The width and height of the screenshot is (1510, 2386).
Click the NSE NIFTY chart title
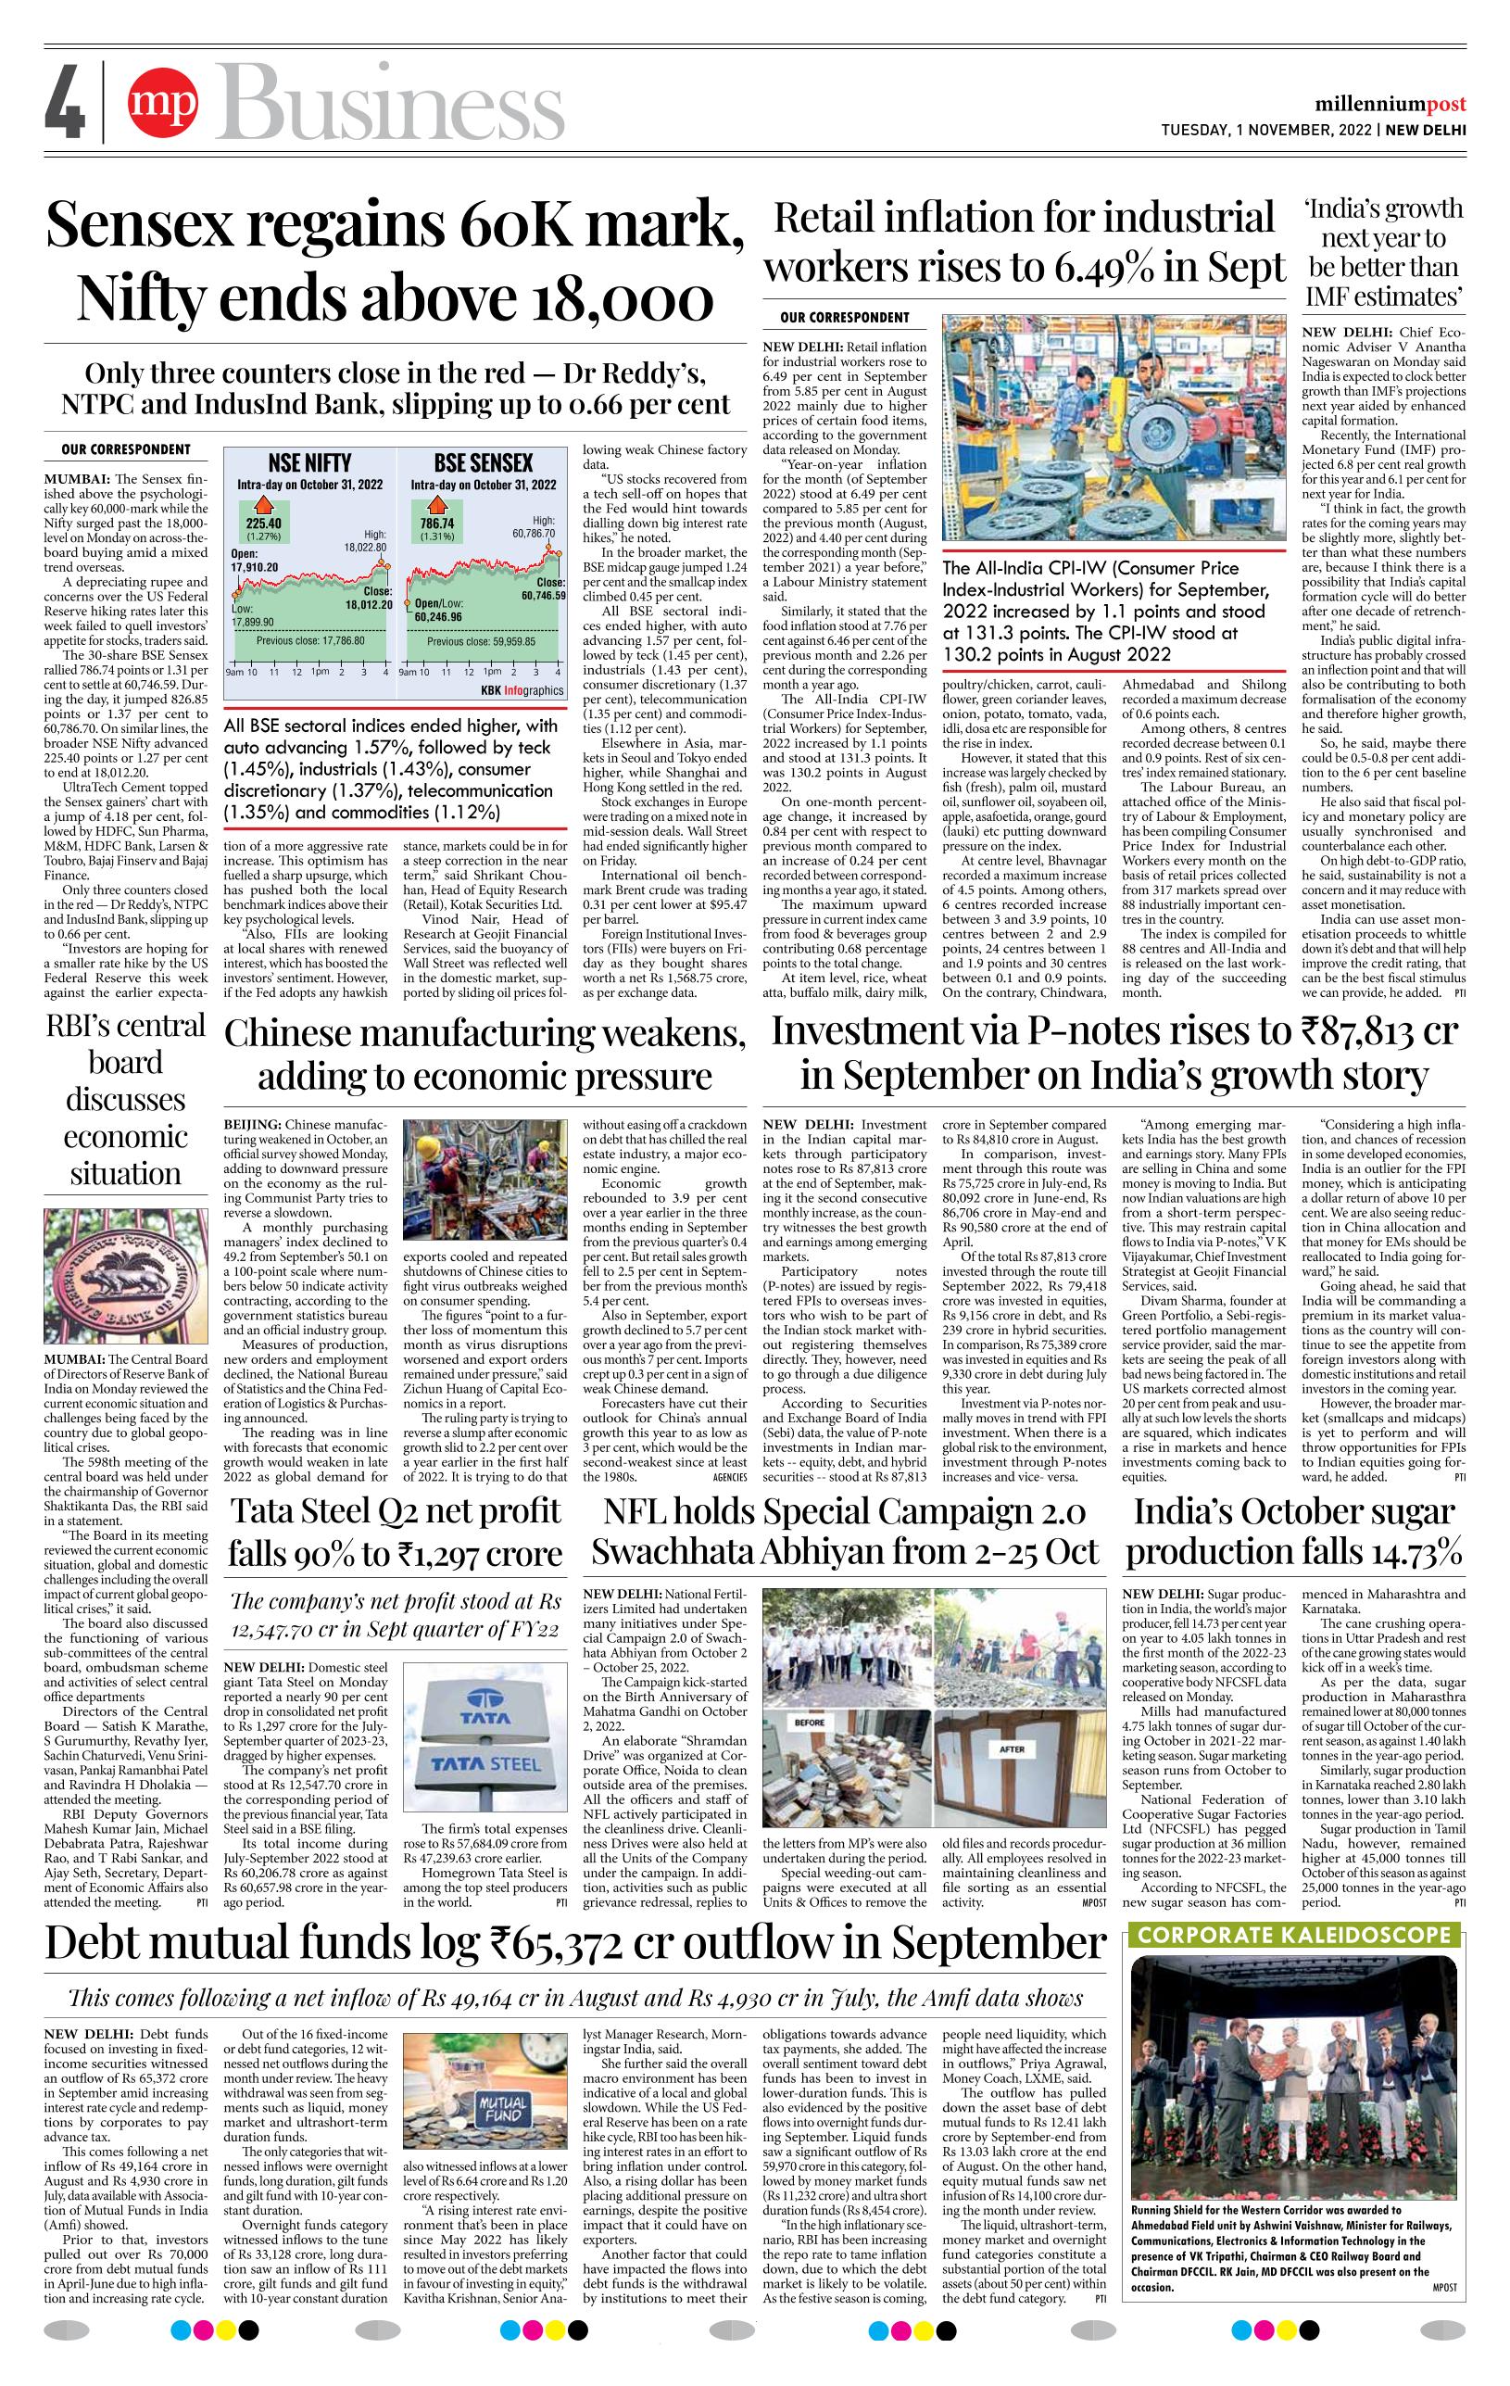tap(310, 462)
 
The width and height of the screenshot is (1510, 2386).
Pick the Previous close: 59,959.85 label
tap(482, 641)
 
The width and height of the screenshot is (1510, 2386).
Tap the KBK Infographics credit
tap(522, 689)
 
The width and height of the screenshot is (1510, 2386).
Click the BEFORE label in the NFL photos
tap(810, 1723)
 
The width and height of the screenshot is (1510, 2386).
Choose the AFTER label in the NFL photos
tap(1012, 1748)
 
